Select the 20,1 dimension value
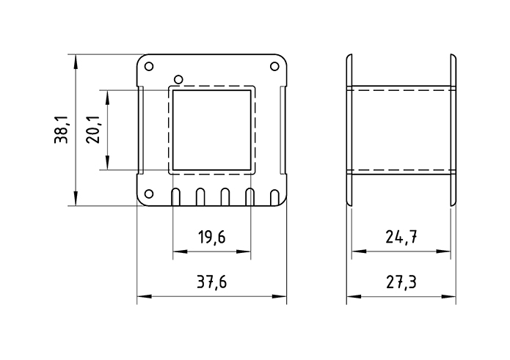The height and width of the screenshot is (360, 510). [x=94, y=131]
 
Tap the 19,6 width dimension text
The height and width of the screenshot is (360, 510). [x=211, y=236]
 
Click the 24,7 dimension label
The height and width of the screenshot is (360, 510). [x=401, y=236]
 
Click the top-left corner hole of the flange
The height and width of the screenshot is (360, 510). [x=149, y=67]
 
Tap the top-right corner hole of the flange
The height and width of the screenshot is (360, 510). [x=275, y=67]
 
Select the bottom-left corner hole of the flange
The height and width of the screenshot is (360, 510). [x=149, y=194]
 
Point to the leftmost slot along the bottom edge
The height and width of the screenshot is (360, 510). [x=176, y=196]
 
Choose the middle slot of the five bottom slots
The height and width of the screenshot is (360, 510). [x=225, y=196]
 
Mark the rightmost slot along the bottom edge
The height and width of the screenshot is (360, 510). [x=274, y=196]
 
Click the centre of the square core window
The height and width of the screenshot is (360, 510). [x=212, y=130]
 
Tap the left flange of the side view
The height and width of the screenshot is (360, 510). [x=349, y=131]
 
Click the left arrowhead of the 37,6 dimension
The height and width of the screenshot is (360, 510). [x=142, y=297]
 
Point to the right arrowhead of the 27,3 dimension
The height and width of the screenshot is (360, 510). [x=451, y=297]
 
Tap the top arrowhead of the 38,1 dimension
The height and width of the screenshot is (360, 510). [x=76, y=59]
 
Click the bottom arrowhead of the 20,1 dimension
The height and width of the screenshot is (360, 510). [x=108, y=166]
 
